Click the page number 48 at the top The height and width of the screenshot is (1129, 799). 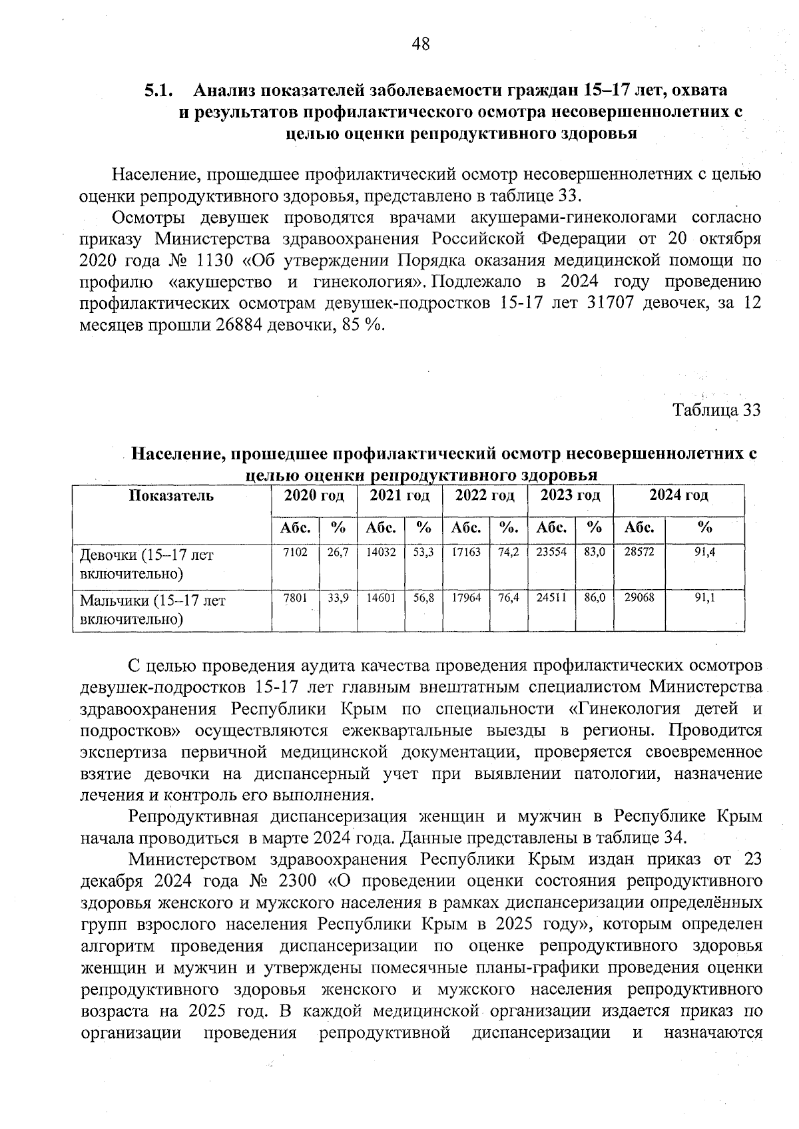tap(421, 45)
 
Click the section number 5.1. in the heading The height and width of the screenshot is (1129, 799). tap(160, 90)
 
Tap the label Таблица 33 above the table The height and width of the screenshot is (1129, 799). tap(716, 409)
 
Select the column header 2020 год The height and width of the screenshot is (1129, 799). tap(314, 495)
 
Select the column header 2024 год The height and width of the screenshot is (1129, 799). tap(678, 495)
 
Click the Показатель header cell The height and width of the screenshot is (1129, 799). tap(172, 495)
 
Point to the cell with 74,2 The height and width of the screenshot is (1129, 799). tap(509, 553)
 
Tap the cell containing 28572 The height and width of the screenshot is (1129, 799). tap(639, 553)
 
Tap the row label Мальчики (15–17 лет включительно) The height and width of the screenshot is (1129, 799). tap(153, 610)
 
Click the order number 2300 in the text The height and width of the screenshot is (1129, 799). tap(296, 881)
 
